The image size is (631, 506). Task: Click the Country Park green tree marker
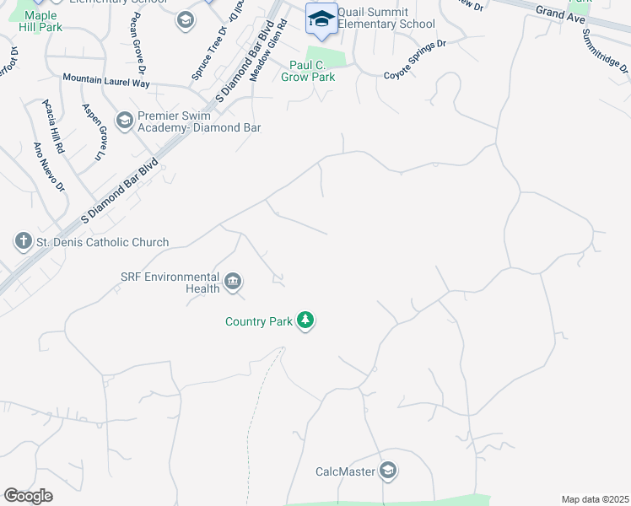(x=305, y=321)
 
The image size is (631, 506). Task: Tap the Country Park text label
(x=258, y=321)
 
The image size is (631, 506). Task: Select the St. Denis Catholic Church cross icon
(x=23, y=242)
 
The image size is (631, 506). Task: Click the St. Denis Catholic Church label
(x=102, y=243)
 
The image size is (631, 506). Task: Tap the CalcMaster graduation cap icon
(x=388, y=471)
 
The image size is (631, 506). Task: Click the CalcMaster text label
(x=345, y=472)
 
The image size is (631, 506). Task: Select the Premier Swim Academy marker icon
(x=125, y=121)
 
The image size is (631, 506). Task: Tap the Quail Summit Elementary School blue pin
(x=321, y=20)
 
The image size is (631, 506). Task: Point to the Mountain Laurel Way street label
(x=106, y=82)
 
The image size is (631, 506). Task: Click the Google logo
(x=28, y=496)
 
